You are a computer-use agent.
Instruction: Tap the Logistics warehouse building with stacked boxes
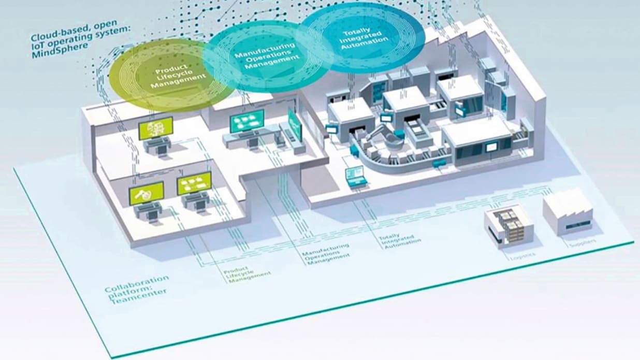tap(508, 227)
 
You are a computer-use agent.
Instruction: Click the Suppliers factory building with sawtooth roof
tap(568, 212)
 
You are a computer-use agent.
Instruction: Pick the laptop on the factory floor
tap(356, 177)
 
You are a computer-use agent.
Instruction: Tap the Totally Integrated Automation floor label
tap(399, 239)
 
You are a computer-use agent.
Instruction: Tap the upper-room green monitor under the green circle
tap(156, 128)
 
